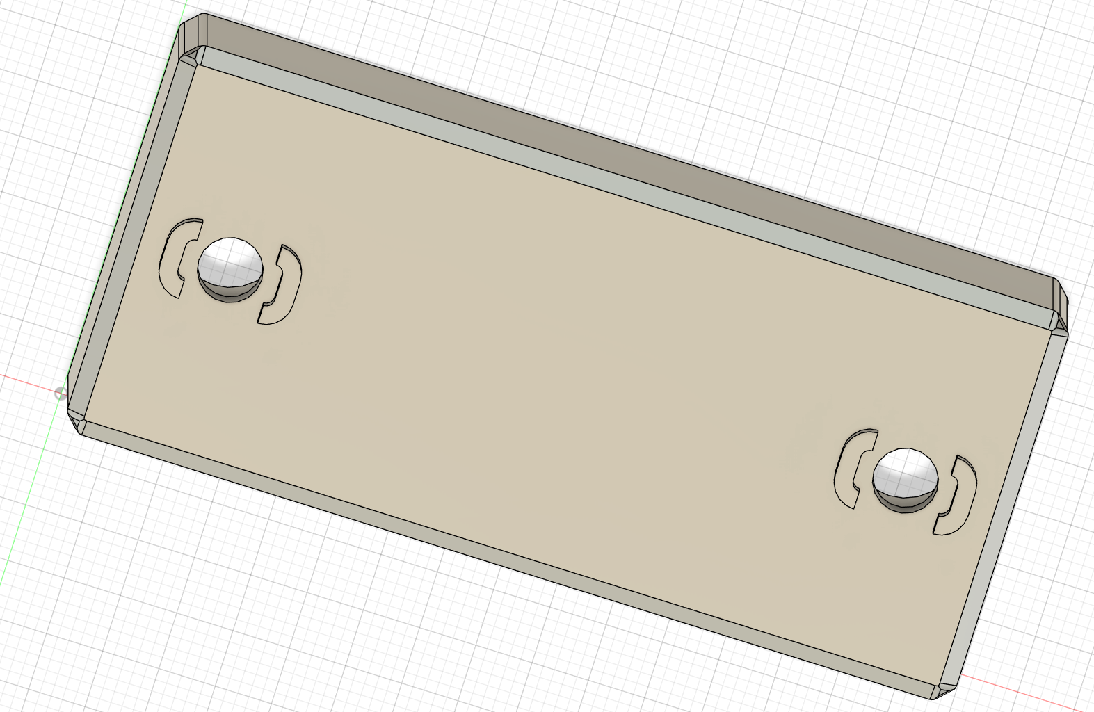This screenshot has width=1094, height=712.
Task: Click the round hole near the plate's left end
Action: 230,263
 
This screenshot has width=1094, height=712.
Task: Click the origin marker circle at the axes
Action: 61,394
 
